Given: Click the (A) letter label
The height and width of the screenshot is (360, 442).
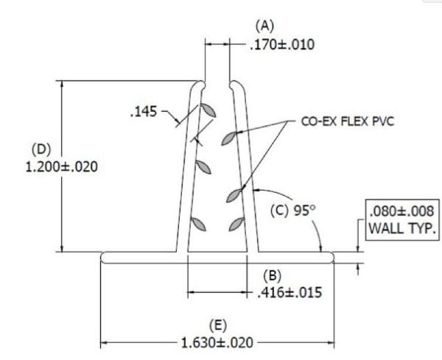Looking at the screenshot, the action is click(264, 26).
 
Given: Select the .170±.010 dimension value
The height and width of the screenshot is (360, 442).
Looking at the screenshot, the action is click(282, 45).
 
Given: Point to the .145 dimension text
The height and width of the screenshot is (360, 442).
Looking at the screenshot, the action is click(144, 112).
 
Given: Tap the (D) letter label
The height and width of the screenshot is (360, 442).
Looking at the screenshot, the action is click(41, 149).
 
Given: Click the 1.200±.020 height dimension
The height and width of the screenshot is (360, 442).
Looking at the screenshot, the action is click(62, 167).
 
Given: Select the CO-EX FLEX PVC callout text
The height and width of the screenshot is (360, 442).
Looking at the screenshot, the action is click(348, 121).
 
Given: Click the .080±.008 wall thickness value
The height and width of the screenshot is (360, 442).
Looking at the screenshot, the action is click(401, 211).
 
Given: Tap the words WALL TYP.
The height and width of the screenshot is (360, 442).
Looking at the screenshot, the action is click(402, 228).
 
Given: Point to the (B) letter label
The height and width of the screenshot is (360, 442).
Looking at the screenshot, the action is click(272, 276).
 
